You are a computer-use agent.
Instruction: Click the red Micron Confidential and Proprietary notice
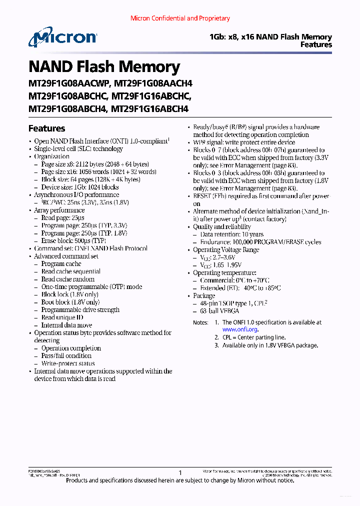(x=180, y=18)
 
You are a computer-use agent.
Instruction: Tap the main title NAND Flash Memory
(x=104, y=67)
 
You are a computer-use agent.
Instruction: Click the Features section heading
(x=46, y=128)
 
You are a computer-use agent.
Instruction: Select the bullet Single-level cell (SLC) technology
(x=78, y=149)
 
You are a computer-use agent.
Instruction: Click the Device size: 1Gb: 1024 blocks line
(x=80, y=187)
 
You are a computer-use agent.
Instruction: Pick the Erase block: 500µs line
(x=74, y=240)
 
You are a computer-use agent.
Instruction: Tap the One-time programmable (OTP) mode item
(x=91, y=287)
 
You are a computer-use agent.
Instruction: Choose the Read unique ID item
(x=62, y=317)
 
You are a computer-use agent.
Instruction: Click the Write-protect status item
(x=68, y=363)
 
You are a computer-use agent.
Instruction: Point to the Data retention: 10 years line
(x=231, y=234)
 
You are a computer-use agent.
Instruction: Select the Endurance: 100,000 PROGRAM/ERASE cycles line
(x=260, y=242)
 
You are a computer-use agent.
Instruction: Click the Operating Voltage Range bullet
(x=226, y=250)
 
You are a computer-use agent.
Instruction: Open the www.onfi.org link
(x=239, y=329)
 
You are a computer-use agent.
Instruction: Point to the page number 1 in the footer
(x=180, y=472)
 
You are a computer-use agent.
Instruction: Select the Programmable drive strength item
(x=80, y=310)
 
